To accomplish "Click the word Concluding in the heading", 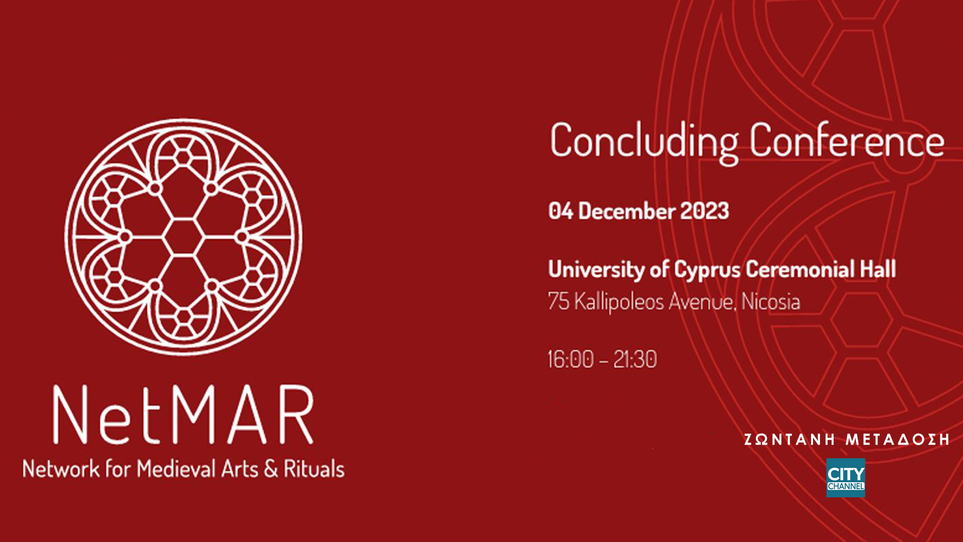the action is coord(644,143).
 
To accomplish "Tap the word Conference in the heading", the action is coord(847,140).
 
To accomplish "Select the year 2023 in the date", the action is coord(704,211).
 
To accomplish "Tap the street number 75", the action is coord(558,301).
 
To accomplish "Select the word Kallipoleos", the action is coord(619,302).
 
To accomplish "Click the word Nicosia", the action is coord(770,301).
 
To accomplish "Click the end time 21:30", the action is coord(635,359).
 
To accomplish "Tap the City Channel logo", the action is coord(846,478).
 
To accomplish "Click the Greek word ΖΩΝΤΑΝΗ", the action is coord(789,440).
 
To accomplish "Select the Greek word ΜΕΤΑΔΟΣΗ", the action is coord(897,440).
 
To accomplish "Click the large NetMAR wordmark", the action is coord(184,415).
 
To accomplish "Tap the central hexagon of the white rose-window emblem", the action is coord(184,237).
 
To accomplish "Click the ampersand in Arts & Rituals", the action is coord(271,469).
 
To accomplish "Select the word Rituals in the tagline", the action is coord(314,469).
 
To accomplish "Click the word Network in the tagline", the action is coord(61,469).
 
